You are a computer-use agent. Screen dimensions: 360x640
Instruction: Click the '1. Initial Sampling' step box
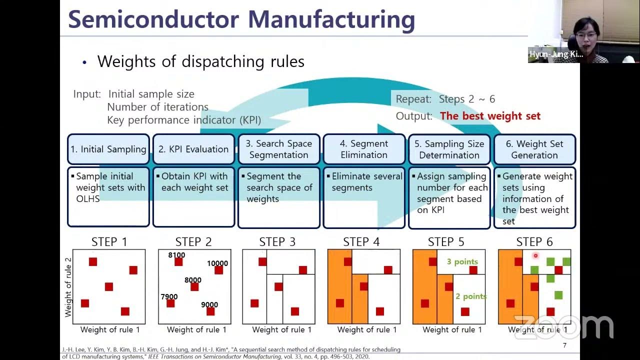click(x=108, y=149)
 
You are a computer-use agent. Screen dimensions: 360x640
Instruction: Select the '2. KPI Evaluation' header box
click(x=193, y=149)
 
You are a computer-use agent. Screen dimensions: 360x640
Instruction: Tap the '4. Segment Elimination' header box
click(x=364, y=149)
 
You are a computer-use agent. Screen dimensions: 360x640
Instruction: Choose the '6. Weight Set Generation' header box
click(x=534, y=149)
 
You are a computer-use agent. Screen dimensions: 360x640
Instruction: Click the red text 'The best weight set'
click(x=490, y=116)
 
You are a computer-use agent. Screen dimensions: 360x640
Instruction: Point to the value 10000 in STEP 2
click(x=217, y=263)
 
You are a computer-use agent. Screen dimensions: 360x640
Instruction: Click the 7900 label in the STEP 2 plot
click(x=169, y=296)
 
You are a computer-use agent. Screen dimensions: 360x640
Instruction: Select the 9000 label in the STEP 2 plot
click(x=209, y=304)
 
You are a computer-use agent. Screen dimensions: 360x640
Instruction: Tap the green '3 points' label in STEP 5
click(x=462, y=261)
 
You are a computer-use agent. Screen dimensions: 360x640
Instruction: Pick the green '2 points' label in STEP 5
click(x=471, y=296)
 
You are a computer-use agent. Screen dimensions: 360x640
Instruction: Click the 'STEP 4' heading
click(x=361, y=242)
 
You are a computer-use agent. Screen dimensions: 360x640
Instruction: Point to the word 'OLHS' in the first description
click(x=88, y=199)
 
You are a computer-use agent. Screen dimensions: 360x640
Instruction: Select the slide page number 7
click(x=564, y=345)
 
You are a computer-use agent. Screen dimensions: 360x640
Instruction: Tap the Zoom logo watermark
click(x=563, y=327)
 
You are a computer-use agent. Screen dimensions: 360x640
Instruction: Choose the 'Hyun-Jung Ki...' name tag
click(x=556, y=54)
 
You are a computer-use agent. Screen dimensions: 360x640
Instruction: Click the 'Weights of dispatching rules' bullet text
click(x=200, y=61)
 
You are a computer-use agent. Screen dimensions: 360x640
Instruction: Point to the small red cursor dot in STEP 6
click(x=535, y=256)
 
